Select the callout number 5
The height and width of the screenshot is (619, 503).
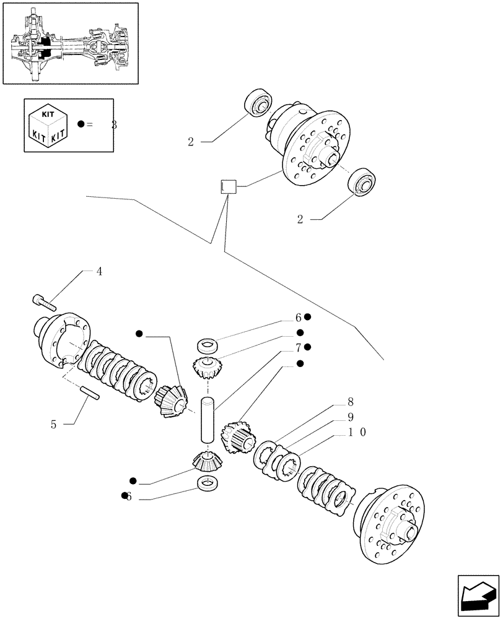[55, 425]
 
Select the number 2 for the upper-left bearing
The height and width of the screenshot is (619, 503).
[191, 142]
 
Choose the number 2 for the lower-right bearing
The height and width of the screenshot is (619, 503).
[300, 220]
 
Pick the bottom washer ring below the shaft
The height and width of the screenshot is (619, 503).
[206, 483]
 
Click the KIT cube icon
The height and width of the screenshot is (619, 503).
[49, 125]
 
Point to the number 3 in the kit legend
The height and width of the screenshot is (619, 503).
[114, 125]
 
